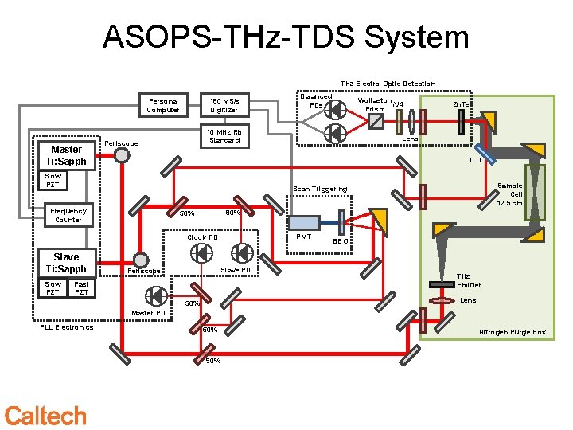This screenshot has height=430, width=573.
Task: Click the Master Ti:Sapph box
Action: (66, 155)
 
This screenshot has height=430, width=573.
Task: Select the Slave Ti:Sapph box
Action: (66, 263)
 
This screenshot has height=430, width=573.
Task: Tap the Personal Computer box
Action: (163, 105)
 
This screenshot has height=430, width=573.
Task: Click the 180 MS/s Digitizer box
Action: (224, 105)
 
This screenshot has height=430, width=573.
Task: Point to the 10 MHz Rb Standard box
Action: (224, 135)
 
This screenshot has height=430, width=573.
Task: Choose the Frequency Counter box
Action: (68, 215)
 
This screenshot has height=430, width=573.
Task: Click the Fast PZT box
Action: (81, 287)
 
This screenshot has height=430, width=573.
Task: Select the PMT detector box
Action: (303, 225)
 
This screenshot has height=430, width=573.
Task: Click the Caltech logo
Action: (45, 415)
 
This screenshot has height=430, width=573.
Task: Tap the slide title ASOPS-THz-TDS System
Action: (286, 37)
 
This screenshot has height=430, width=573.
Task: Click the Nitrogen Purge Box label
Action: (512, 332)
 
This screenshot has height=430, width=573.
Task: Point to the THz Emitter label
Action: (468, 280)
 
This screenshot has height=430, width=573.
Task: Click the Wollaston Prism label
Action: (374, 105)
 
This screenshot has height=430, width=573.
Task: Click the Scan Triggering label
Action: (320, 189)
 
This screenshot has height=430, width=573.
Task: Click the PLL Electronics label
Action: (66, 327)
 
